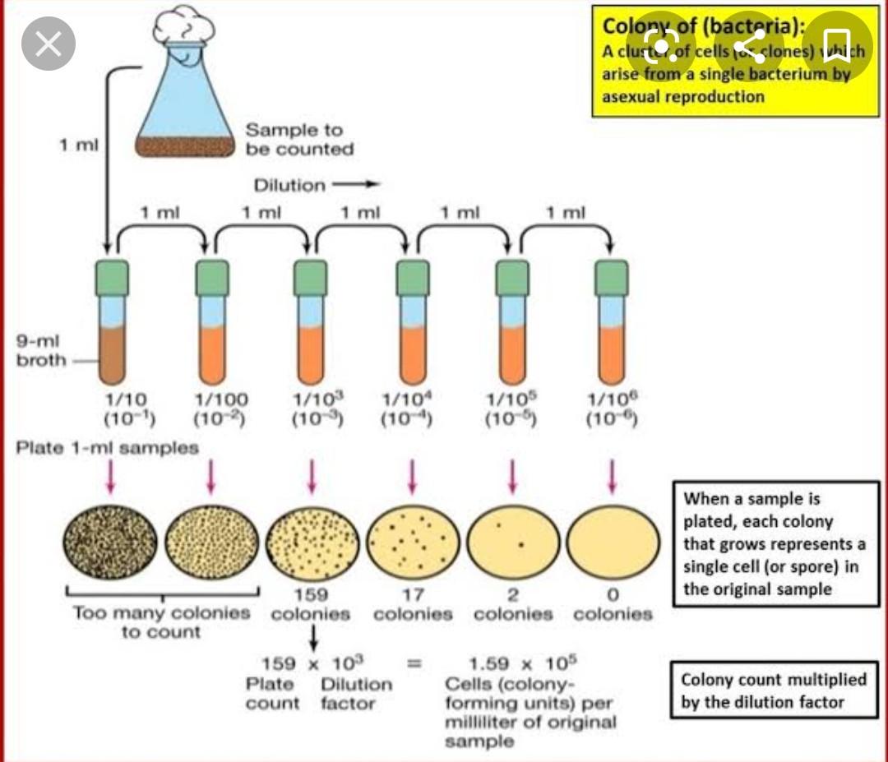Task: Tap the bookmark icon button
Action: click(x=835, y=43)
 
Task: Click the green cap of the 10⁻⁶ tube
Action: click(x=612, y=277)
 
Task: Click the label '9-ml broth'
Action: click(x=40, y=350)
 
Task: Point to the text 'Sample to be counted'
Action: click(x=299, y=140)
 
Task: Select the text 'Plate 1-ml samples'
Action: click(x=108, y=448)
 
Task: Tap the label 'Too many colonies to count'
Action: click(x=161, y=622)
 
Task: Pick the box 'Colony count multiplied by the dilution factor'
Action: click(x=774, y=690)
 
